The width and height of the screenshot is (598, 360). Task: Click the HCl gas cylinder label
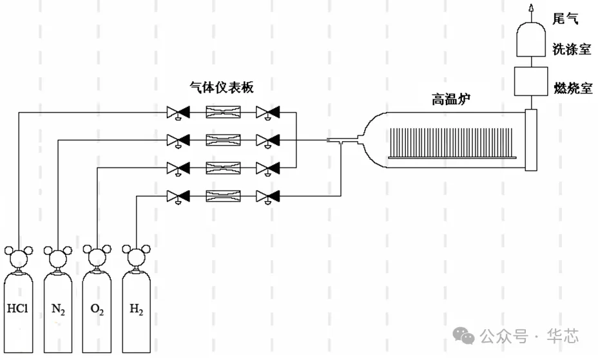pos(17,308)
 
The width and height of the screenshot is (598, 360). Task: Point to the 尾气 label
pos(565,17)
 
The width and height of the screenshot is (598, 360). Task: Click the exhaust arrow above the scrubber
pos(532,8)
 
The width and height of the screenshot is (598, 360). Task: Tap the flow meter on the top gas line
pos(223,113)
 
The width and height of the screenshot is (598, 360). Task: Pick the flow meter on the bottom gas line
pos(223,195)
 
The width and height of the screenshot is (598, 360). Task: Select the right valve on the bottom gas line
pos(267,195)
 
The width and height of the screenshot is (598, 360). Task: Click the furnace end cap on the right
pos(530,140)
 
